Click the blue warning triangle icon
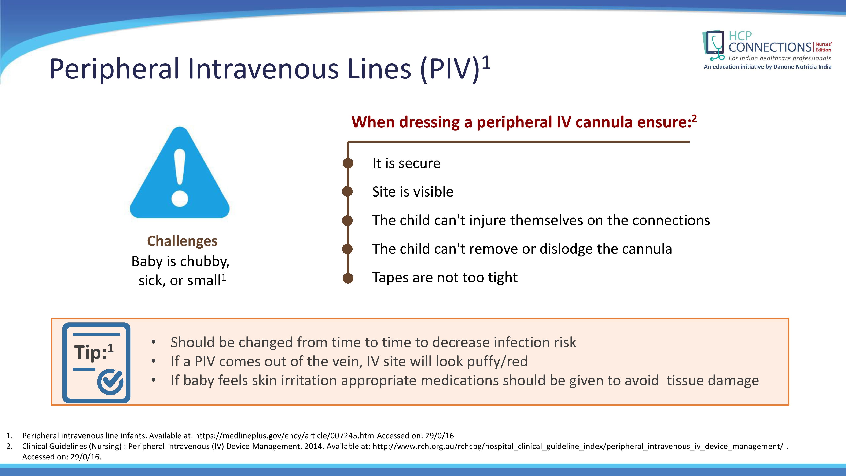coord(180,172)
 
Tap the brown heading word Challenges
coord(182,241)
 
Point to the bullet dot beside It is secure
coord(348,163)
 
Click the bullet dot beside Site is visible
coord(348,191)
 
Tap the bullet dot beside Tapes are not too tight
coord(348,278)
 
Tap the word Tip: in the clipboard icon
coord(91,352)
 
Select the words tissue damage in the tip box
coord(713,381)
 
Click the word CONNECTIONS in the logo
coord(770,47)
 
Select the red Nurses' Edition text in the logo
coord(823,47)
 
